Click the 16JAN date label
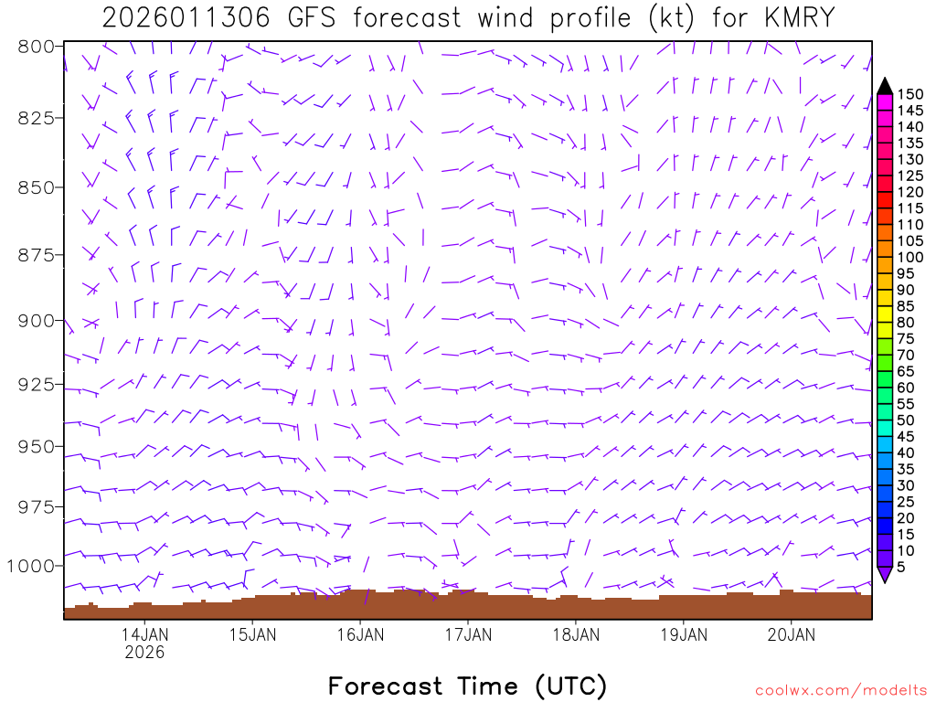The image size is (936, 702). pos(359,634)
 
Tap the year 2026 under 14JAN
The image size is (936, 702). pos(144,653)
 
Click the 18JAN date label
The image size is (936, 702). pos(575,634)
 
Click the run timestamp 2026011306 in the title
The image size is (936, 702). pos(186,17)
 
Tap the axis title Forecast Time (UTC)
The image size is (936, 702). pos(467,686)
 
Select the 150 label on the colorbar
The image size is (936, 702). pos(909,93)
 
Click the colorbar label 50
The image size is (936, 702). pos(906,420)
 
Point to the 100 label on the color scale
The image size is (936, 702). pos(909,257)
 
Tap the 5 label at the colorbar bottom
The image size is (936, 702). pos(901,567)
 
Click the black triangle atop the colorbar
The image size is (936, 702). pos(884,86)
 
